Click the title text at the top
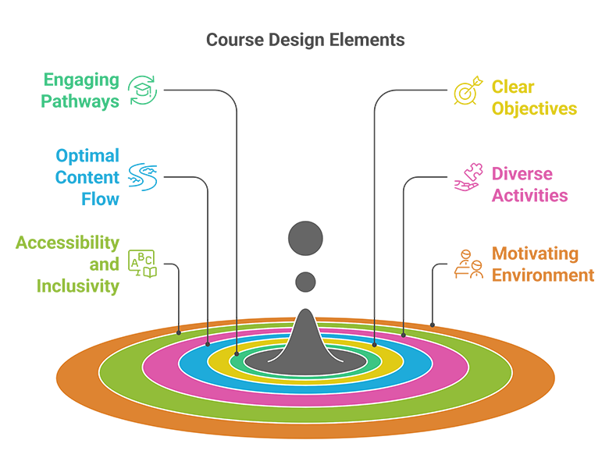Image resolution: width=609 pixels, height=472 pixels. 305,38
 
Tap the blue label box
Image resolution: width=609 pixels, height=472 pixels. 90,167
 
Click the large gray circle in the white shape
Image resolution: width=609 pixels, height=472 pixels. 305,237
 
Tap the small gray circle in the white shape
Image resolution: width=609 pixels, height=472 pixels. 306,281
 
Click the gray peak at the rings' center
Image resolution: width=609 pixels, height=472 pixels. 305,335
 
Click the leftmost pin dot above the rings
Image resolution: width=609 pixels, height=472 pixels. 179,333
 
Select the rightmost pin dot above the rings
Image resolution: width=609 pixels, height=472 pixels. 432,324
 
